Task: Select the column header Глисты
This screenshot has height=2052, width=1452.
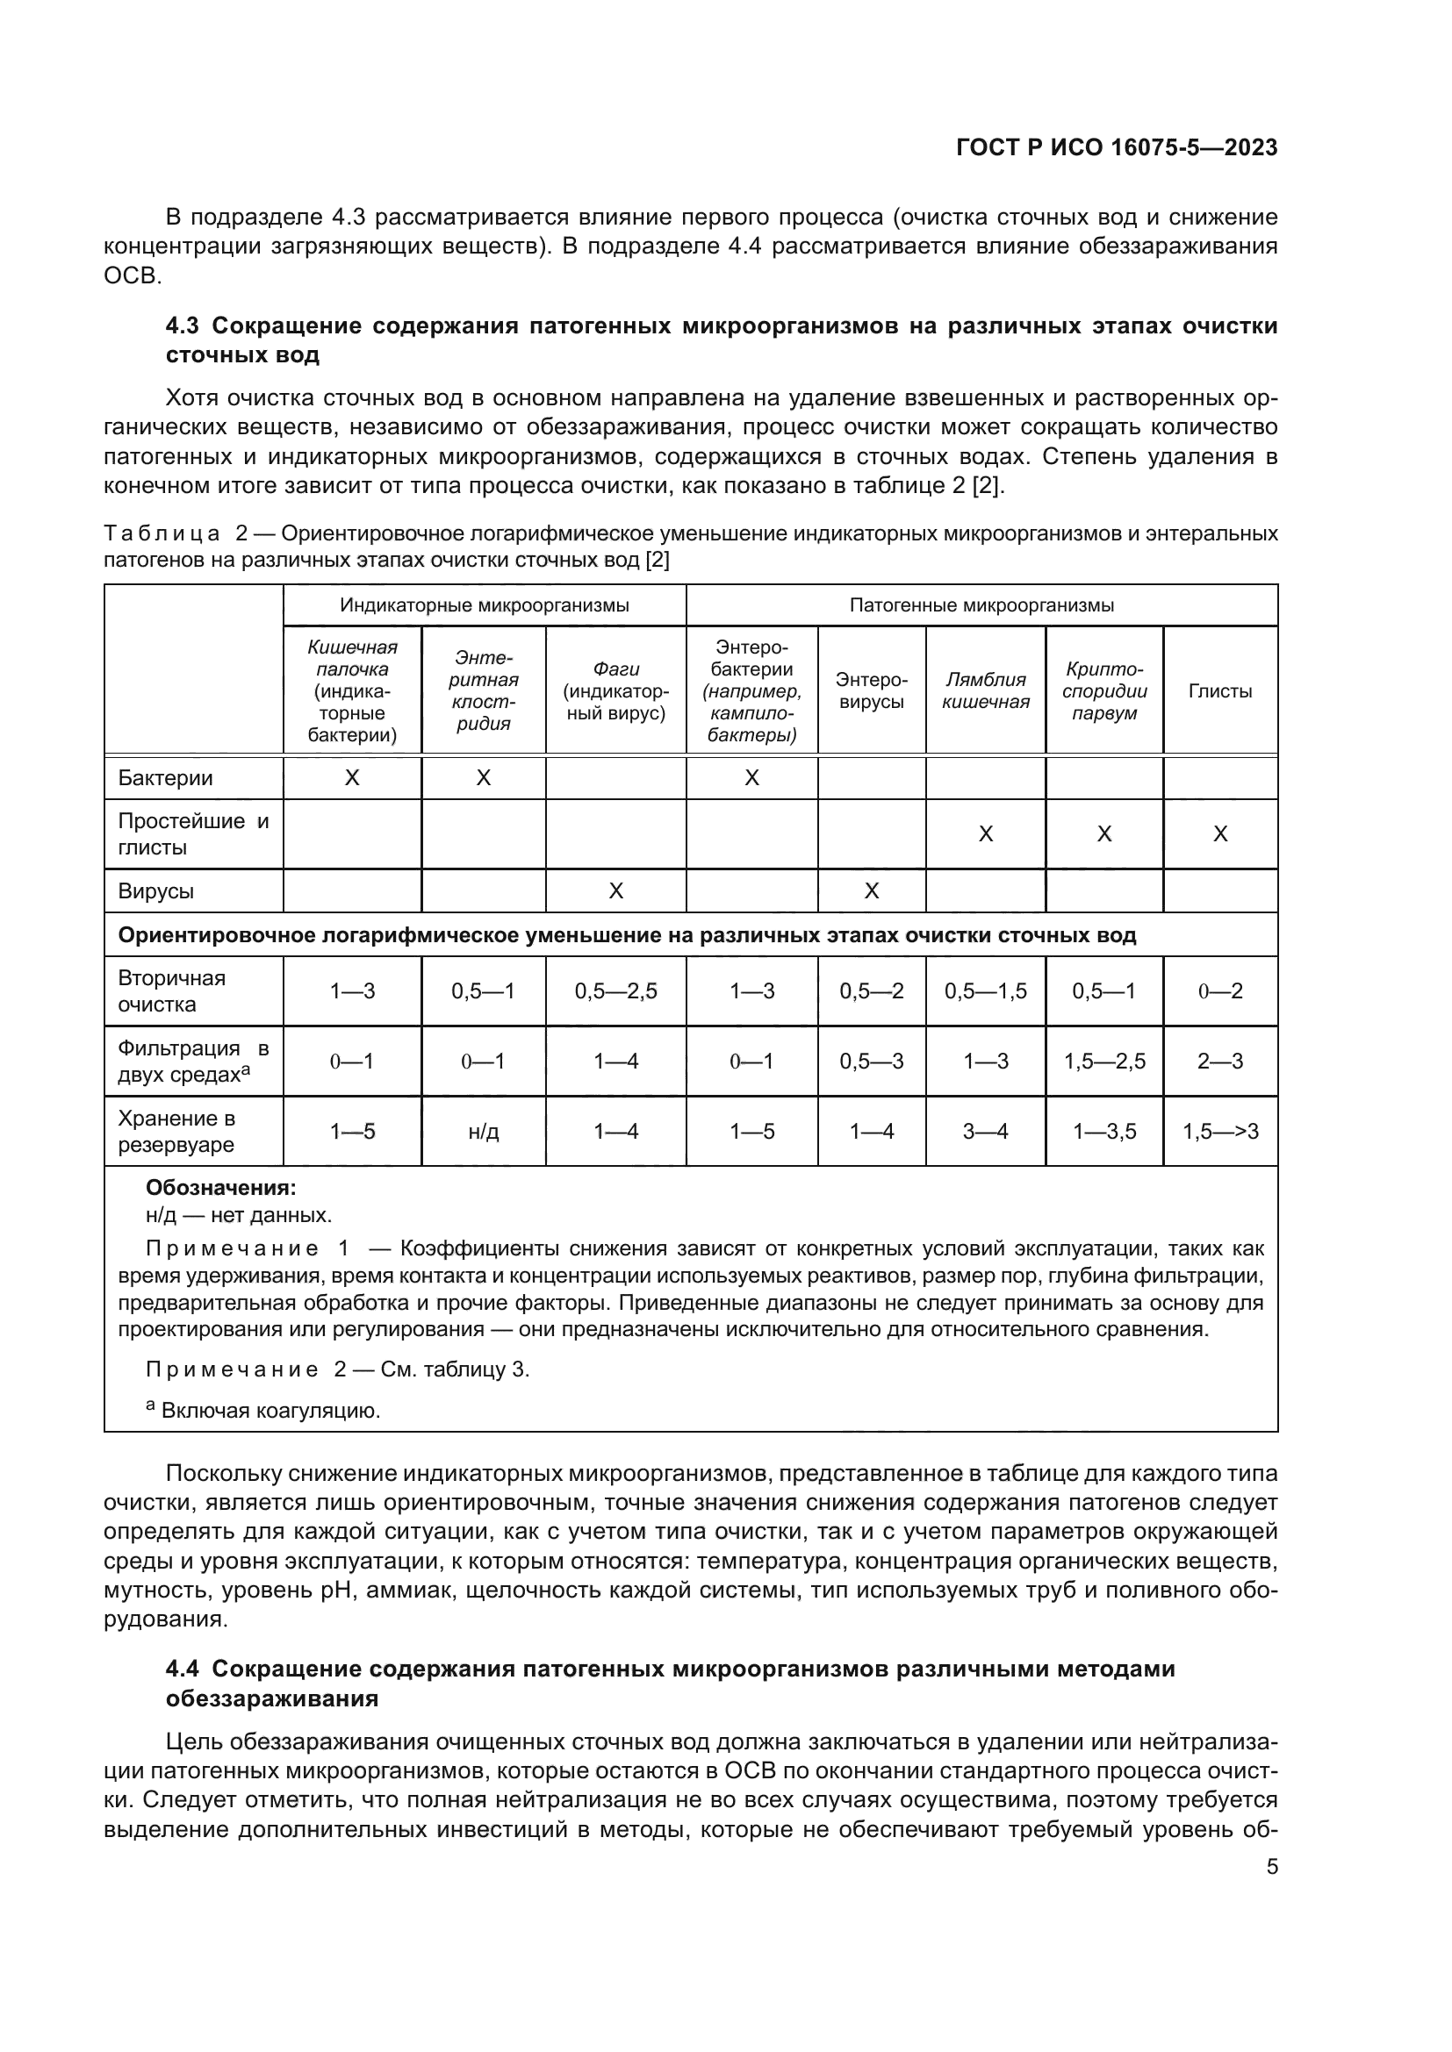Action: click(1219, 690)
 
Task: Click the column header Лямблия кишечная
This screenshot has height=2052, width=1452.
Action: click(985, 690)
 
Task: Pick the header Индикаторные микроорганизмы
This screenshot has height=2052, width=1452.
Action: click(484, 605)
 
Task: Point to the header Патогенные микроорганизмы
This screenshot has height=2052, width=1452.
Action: click(981, 605)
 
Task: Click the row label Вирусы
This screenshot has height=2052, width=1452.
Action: click(155, 891)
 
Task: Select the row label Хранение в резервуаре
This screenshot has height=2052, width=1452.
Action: click(176, 1132)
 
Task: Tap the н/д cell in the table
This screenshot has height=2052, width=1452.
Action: click(483, 1132)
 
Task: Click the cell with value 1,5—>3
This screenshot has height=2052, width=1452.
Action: click(1219, 1132)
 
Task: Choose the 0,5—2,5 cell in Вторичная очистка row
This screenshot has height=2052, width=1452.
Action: click(615, 991)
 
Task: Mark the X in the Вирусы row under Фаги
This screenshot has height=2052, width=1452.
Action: click(615, 891)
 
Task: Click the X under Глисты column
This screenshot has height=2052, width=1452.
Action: click(1219, 833)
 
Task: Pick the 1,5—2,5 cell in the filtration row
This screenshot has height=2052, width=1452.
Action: click(1104, 1062)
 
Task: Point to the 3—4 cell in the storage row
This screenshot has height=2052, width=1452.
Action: click(985, 1132)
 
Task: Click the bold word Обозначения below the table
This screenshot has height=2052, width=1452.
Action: click(220, 1189)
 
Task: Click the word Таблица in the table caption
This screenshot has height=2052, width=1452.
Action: click(161, 534)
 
